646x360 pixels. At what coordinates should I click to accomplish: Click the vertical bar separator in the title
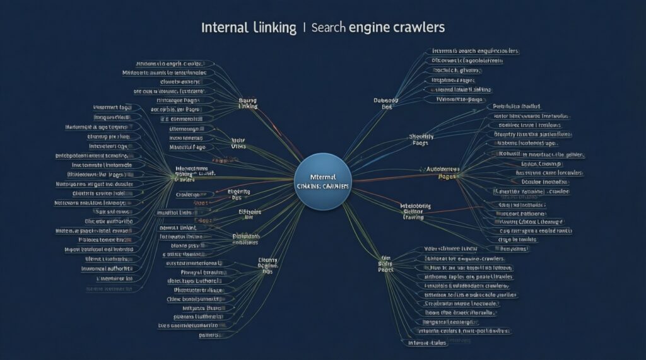coord(305,28)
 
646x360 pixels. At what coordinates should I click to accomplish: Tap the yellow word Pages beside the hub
coord(446,177)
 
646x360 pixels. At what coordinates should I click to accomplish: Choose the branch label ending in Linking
coord(249,103)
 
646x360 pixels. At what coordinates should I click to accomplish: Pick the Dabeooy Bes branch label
coord(387,103)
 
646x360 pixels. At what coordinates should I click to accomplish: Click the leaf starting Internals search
coord(475,50)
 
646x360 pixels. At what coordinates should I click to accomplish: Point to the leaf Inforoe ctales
coord(426,342)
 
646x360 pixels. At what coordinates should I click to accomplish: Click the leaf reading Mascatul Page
coord(188,146)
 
